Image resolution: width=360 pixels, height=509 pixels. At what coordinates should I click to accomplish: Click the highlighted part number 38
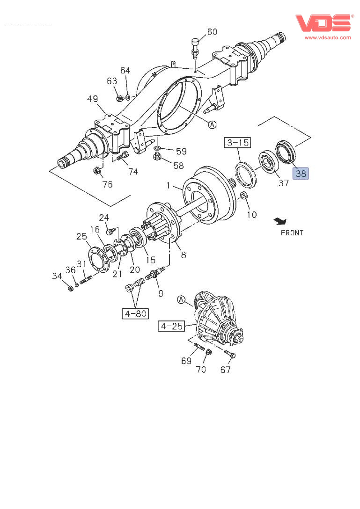[300, 174]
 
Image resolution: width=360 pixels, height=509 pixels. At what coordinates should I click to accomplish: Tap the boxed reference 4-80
[135, 313]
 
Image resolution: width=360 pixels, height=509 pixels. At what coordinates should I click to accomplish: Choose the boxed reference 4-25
[171, 326]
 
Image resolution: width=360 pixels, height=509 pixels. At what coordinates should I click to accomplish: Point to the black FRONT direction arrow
[280, 220]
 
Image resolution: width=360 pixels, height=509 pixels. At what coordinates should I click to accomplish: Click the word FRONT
[292, 233]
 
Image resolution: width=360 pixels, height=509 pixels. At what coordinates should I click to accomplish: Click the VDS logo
[323, 23]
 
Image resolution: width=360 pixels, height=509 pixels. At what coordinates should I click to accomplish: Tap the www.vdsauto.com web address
[328, 37]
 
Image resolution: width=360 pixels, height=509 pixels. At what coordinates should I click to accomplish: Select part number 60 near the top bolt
[212, 32]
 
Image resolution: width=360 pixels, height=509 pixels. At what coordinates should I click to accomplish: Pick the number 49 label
[92, 99]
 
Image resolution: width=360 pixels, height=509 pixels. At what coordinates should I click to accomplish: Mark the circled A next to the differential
[182, 299]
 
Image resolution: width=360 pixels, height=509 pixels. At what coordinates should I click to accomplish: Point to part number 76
[107, 184]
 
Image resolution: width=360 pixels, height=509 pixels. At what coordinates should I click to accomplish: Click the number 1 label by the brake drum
[168, 186]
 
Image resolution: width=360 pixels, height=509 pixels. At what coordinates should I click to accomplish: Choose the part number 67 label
[226, 370]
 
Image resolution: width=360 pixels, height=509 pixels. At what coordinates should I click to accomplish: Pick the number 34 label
[57, 276]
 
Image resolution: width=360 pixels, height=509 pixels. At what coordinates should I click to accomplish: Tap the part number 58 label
[178, 166]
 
